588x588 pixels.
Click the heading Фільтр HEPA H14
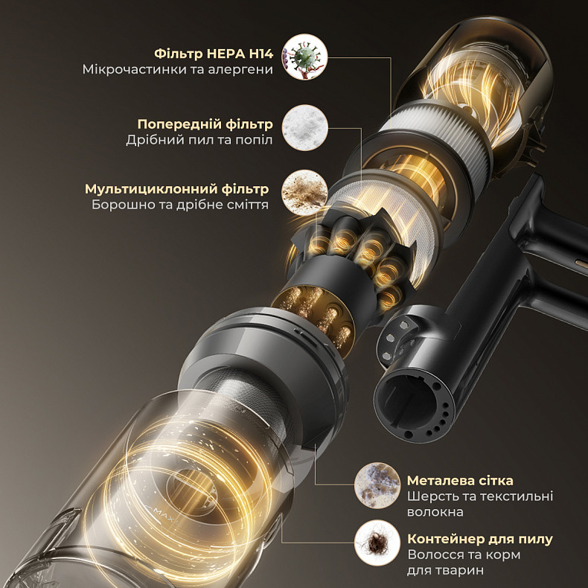point(214,54)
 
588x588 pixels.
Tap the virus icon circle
point(304,57)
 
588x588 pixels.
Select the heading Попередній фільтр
point(205,124)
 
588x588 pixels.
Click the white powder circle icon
point(304,127)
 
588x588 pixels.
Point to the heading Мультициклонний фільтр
point(176,189)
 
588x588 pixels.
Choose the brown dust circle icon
point(304,192)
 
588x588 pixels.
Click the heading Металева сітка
point(460,480)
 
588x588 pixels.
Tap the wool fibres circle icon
point(377,485)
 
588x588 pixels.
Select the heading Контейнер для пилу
point(480,539)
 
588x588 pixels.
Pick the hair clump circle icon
point(377,543)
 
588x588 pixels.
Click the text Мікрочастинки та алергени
point(178,70)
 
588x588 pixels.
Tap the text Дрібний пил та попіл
point(199,140)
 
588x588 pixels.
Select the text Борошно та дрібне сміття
point(180,205)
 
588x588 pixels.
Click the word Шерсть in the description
point(429,496)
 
